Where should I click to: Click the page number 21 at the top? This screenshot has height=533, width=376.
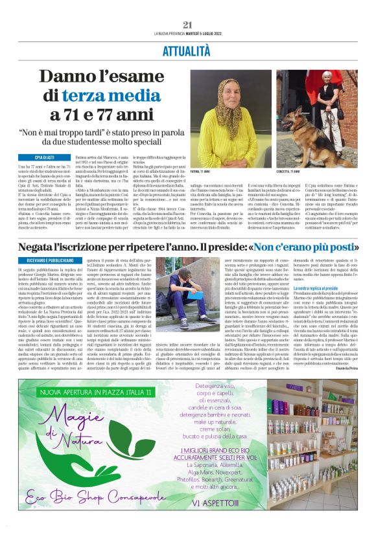[188, 25]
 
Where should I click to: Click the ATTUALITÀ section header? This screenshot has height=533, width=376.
[188, 49]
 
